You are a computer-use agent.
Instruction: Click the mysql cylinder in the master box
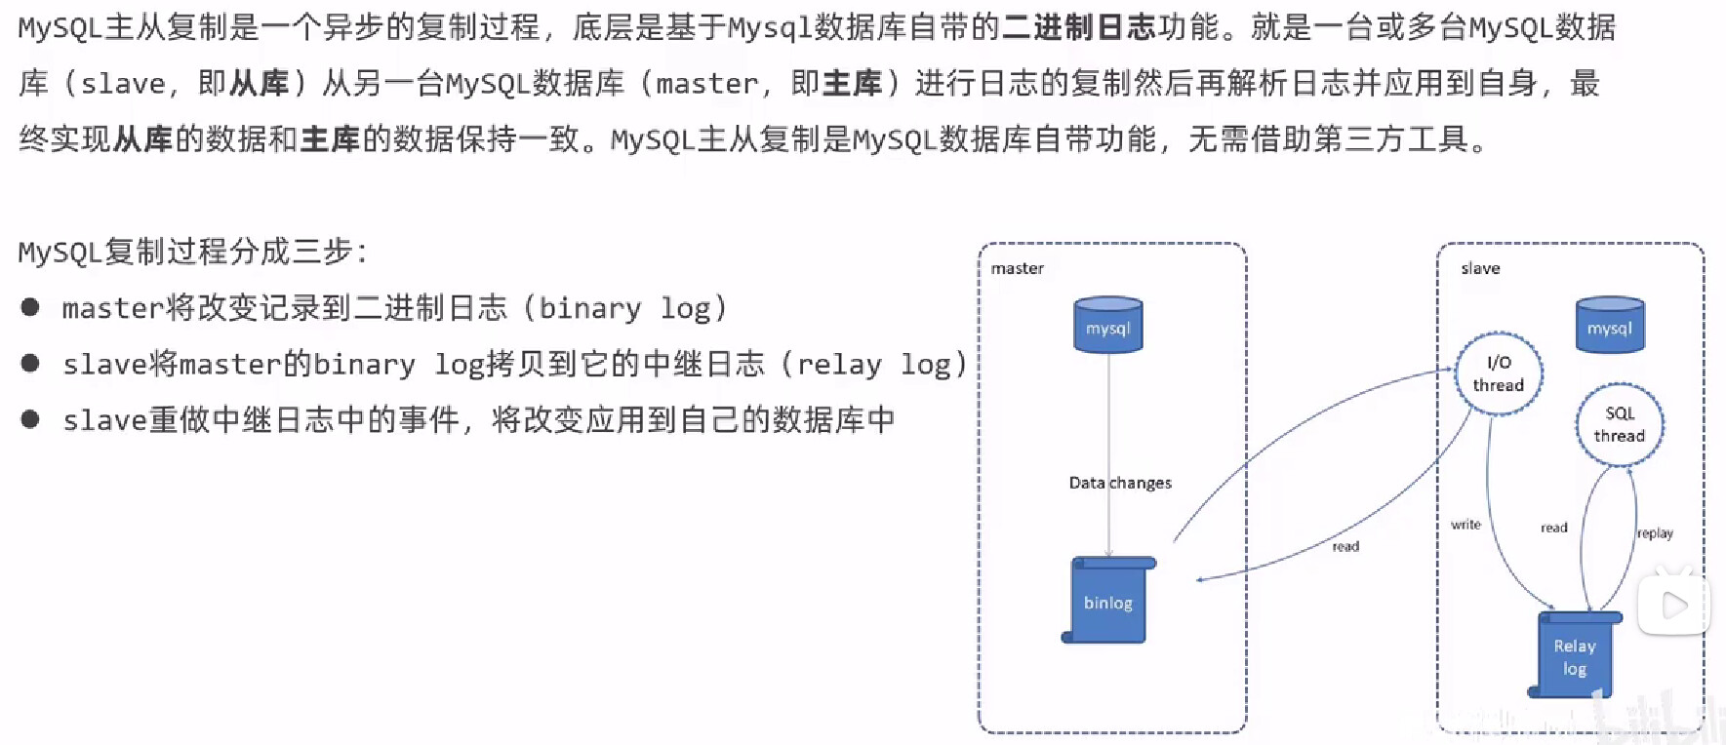click(1108, 326)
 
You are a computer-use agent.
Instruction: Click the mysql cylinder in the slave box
click(1610, 326)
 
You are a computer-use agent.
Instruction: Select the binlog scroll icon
click(1108, 601)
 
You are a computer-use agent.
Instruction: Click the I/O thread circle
click(1499, 373)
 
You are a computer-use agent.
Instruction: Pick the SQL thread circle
click(1620, 424)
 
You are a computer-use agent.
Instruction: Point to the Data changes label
click(1120, 483)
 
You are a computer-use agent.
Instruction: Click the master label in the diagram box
click(1017, 268)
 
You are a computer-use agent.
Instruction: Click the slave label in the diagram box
click(1480, 268)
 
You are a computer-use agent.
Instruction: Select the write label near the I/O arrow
click(1465, 525)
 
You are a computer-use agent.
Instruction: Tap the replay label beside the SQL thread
click(1655, 533)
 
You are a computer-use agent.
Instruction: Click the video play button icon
click(1674, 606)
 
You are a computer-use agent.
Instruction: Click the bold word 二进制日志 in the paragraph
click(1078, 27)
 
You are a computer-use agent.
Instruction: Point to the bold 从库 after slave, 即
click(260, 84)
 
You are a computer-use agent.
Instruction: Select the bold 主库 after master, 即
click(852, 84)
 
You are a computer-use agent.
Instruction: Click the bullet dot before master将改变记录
click(30, 308)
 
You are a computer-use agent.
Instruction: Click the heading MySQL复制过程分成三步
click(193, 252)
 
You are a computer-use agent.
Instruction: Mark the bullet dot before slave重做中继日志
click(30, 419)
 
